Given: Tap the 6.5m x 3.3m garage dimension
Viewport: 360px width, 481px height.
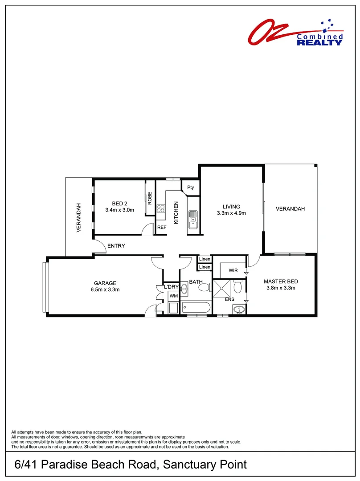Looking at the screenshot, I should coord(105,289).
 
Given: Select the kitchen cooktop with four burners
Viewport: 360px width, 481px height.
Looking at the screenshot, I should coord(161,210).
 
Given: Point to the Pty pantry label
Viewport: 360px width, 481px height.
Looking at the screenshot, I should coord(191,188).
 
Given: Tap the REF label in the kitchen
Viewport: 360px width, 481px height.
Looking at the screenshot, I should coord(162,227).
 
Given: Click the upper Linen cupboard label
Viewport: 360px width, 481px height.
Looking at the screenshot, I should coord(205,259).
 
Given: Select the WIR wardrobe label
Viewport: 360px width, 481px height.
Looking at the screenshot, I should coord(233,270).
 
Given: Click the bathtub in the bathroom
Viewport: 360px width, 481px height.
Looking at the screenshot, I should coord(196,308).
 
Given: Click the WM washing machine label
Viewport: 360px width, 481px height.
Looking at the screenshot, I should coord(173,296).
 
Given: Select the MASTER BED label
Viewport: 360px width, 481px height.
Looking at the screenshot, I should coord(281,281).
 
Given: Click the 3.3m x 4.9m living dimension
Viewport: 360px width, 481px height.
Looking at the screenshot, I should coord(232,213).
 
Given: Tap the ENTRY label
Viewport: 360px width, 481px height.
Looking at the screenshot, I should coord(116,246).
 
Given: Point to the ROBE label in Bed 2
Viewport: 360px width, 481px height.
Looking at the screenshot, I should coord(150,198).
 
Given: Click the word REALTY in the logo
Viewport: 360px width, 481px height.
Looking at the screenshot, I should coord(320,43).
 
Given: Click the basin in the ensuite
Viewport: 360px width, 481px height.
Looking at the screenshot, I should coord(240,309).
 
